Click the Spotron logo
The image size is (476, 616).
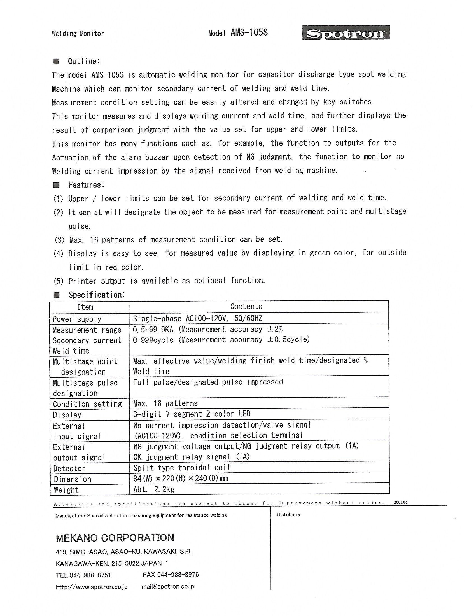pyautogui.click(x=346, y=33)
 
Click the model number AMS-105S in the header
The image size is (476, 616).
pyautogui.click(x=249, y=33)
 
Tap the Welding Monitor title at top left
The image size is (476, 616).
pyautogui.click(x=78, y=34)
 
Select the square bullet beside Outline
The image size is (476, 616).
pyautogui.click(x=56, y=61)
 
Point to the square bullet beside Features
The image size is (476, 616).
pyautogui.click(x=56, y=185)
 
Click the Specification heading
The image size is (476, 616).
pyautogui.click(x=96, y=295)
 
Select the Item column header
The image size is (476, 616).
pyautogui.click(x=85, y=307)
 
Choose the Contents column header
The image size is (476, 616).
pyautogui.click(x=246, y=306)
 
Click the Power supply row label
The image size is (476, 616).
pyautogui.click(x=77, y=319)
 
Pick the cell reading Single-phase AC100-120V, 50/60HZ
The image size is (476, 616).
pyautogui.click(x=198, y=318)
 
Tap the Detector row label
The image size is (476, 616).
pyautogui.click(x=69, y=468)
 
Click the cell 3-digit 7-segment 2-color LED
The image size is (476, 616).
pyautogui.click(x=192, y=414)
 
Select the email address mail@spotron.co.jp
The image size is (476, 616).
pyautogui.click(x=167, y=587)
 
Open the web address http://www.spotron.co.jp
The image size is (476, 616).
pyautogui.click(x=92, y=587)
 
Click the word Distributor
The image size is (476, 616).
pyautogui.click(x=288, y=514)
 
